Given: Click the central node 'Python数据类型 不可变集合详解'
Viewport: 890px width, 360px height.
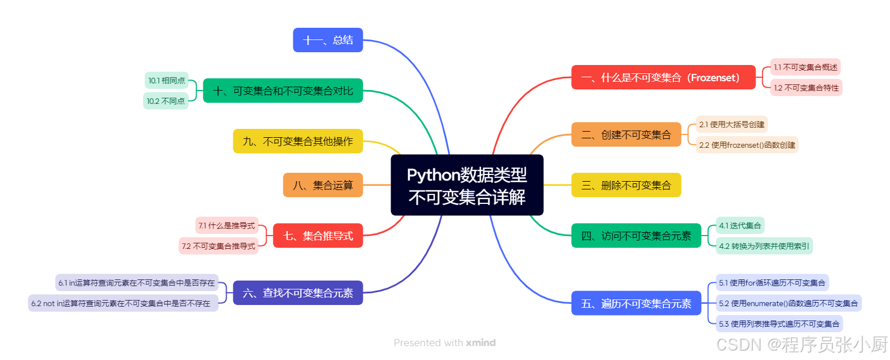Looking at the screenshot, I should pyautogui.click(x=467, y=185).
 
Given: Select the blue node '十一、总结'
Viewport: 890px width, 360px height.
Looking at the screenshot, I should pyautogui.click(x=328, y=40).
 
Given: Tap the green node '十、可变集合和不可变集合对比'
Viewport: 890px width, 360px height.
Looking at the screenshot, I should pyautogui.click(x=283, y=91).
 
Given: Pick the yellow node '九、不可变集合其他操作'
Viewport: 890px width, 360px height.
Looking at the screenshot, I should pyautogui.click(x=298, y=141).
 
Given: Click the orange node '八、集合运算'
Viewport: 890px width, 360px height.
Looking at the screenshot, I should pyautogui.click(x=323, y=185).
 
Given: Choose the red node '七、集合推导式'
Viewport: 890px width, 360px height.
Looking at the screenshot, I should pyautogui.click(x=318, y=236).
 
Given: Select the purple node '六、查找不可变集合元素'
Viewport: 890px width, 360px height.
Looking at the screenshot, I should pyautogui.click(x=298, y=293).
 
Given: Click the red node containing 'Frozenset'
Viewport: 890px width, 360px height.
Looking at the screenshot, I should pyautogui.click(x=663, y=77).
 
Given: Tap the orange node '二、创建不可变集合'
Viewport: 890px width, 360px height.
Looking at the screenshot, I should pyautogui.click(x=626, y=134).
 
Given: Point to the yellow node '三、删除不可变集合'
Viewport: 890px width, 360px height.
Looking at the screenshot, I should pyautogui.click(x=626, y=185).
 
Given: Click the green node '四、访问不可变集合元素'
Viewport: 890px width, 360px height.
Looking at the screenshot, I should pyautogui.click(x=636, y=236).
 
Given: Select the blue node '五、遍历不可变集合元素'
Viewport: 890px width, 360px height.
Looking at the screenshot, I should pyautogui.click(x=636, y=303).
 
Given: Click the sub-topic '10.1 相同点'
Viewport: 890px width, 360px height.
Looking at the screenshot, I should pyautogui.click(x=167, y=81).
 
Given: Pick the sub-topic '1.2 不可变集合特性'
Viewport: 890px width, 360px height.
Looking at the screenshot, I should pyautogui.click(x=806, y=88).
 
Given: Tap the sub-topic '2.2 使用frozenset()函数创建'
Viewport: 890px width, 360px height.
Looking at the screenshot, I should pyautogui.click(x=747, y=145).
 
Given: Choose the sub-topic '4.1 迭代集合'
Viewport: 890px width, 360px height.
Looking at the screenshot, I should pyautogui.click(x=740, y=226).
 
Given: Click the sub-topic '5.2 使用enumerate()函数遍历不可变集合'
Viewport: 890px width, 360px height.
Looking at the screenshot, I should pyautogui.click(x=788, y=303).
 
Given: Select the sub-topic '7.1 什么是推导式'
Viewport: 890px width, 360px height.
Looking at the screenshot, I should pyautogui.click(x=227, y=226).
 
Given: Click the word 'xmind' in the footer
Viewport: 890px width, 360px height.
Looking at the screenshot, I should pyautogui.click(x=481, y=343).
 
